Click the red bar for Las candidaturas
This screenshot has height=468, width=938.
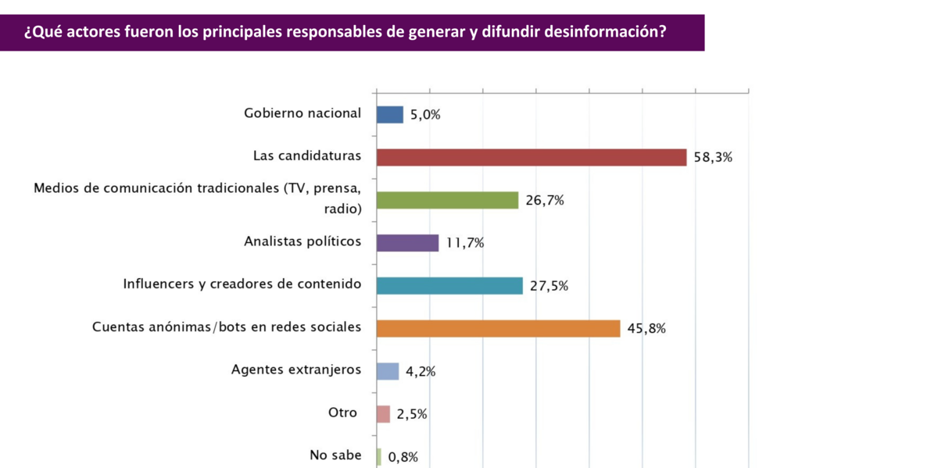click(532, 157)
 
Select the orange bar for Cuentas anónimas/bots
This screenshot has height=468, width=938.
click(498, 328)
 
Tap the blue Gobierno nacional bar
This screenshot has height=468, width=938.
click(390, 115)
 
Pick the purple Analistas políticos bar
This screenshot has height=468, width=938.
click(407, 243)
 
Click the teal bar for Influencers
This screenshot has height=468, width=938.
click(449, 286)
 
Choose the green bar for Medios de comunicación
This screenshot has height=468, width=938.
click(447, 200)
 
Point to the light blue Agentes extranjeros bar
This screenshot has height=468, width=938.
click(388, 371)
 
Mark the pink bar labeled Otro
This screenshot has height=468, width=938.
click(383, 414)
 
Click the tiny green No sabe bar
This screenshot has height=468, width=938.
click(379, 457)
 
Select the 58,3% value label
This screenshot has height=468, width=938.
click(713, 157)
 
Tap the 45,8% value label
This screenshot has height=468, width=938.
click(646, 329)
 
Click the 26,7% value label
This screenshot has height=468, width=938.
click(545, 200)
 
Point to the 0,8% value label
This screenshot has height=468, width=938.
click(403, 458)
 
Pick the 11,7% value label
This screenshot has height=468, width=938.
click(465, 243)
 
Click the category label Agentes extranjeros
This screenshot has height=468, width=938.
click(296, 370)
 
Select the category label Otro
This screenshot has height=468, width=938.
click(342, 413)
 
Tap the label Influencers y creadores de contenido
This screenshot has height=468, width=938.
click(242, 284)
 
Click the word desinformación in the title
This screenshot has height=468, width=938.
click(594, 33)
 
